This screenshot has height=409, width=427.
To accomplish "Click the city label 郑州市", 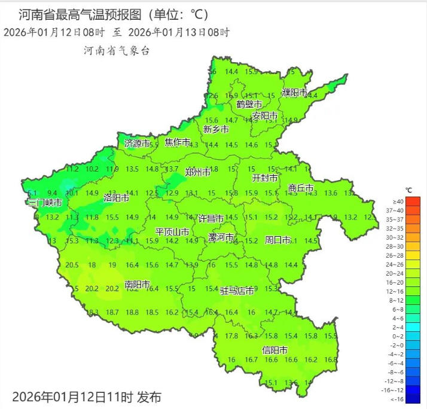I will click(197, 172).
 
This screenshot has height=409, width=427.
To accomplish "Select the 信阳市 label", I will click(275, 350).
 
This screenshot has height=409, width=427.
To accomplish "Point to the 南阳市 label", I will click(137, 284).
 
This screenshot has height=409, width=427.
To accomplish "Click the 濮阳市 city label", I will click(295, 93).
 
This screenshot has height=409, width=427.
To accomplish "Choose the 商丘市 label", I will click(301, 188).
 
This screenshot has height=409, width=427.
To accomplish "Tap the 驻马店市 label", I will click(237, 291).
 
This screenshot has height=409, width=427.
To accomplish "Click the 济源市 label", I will click(137, 144).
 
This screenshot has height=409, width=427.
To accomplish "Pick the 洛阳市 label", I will click(116, 197).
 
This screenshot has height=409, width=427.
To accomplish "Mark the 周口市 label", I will click(277, 240).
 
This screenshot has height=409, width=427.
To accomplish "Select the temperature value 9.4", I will click(52, 193).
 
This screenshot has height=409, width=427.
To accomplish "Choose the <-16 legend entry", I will click(398, 399).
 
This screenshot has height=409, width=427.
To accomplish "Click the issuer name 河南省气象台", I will click(117, 51).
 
